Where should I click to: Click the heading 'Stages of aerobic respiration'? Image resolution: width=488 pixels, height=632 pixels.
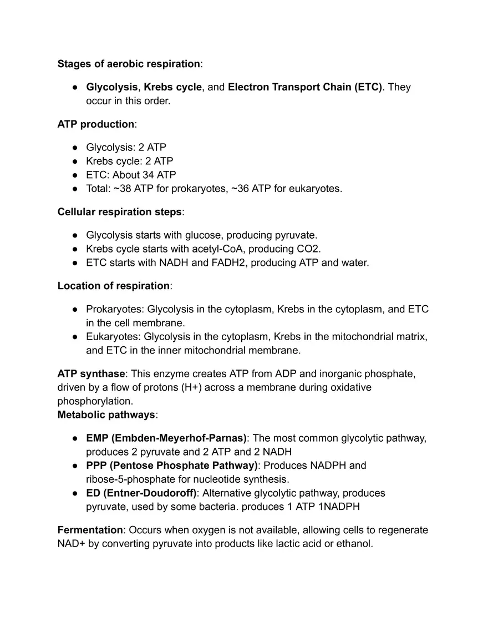click(129, 64)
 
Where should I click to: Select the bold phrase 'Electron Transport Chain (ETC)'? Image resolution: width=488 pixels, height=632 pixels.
click(305, 87)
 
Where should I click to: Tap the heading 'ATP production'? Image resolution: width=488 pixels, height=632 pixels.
click(95, 124)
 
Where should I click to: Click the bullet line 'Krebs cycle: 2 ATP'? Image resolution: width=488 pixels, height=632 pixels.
click(130, 161)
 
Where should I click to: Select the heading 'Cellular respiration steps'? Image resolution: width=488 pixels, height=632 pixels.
click(119, 212)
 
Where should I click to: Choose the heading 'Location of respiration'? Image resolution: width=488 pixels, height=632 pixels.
click(113, 286)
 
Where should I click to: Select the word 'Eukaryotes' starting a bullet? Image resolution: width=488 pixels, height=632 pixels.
click(112, 337)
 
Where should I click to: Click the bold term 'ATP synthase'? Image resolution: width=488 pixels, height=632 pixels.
click(91, 374)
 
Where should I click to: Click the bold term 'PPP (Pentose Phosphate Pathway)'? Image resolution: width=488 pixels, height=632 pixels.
click(172, 466)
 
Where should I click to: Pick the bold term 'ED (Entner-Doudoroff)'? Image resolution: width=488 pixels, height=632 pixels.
click(141, 493)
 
